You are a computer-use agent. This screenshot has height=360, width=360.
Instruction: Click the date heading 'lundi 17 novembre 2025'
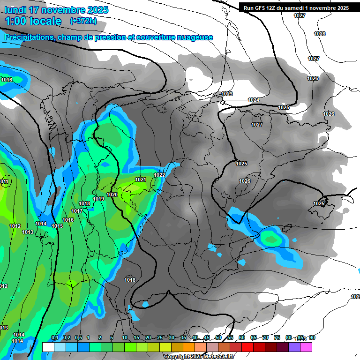[56, 10]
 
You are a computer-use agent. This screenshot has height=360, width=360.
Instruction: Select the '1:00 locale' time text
[33, 21]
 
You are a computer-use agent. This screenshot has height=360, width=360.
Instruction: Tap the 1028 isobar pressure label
[320, 34]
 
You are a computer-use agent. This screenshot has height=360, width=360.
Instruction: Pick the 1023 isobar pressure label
[227, 94]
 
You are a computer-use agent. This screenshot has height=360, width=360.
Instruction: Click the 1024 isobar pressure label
[254, 100]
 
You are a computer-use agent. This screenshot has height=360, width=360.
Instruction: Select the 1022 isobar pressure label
[159, 175]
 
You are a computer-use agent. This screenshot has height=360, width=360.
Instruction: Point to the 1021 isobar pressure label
[141, 180]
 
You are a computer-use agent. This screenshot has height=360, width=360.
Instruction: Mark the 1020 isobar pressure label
[112, 195]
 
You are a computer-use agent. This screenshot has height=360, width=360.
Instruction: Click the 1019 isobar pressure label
[98, 199]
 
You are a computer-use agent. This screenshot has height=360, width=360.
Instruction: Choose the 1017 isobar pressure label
[77, 211]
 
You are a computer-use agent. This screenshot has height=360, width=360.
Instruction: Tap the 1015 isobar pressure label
[57, 226]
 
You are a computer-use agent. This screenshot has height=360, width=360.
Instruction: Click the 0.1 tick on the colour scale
[54, 338]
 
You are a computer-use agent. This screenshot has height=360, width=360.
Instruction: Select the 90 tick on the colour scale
[312, 338]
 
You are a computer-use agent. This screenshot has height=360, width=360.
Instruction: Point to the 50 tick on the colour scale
[218, 338]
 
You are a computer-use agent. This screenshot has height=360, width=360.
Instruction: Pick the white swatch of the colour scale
[48, 347]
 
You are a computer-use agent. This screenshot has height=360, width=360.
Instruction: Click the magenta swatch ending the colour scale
[306, 347]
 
